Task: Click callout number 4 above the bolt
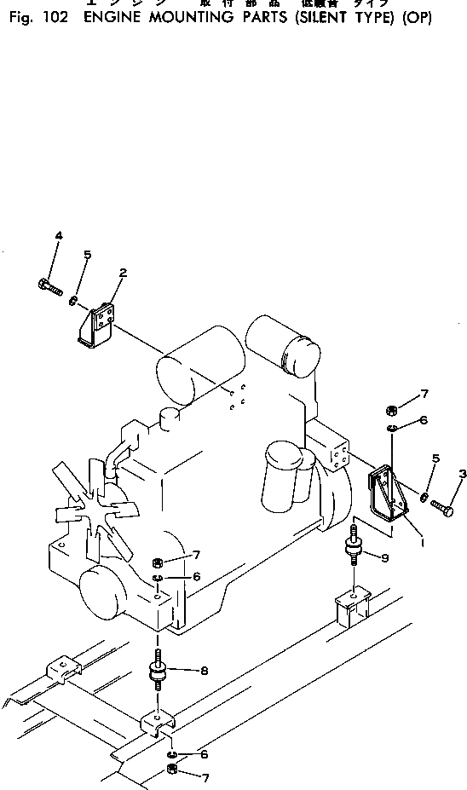(x=59, y=235)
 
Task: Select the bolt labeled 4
(x=50, y=286)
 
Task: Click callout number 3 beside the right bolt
(x=462, y=473)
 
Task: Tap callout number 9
(x=385, y=558)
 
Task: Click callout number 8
(x=204, y=671)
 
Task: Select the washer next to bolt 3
(x=424, y=496)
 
